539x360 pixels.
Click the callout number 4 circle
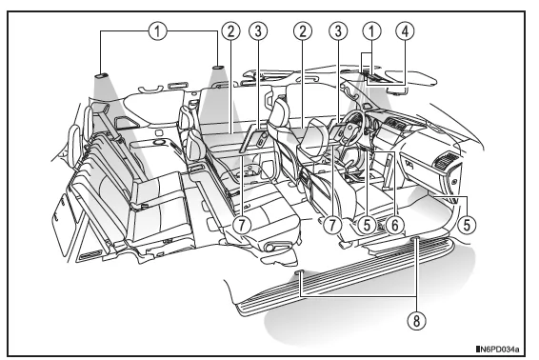(x=406, y=31)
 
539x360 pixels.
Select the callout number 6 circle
(x=394, y=225)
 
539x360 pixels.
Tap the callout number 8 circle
(x=416, y=321)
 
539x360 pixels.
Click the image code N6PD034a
(x=498, y=350)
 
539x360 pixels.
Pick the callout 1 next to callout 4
(x=372, y=31)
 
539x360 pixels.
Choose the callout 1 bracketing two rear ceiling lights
(x=158, y=31)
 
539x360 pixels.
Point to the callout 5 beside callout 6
(x=368, y=225)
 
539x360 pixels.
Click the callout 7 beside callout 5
(x=332, y=225)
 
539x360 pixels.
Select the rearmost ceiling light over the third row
(x=101, y=76)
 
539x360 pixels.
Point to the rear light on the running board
(x=300, y=271)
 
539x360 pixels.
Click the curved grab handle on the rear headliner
(x=150, y=90)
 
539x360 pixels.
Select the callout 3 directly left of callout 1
(x=338, y=31)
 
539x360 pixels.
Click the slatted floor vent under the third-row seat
(x=90, y=256)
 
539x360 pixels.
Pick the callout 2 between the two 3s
(x=303, y=31)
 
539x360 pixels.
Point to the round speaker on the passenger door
(x=454, y=182)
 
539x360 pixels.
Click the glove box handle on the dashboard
(x=409, y=163)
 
